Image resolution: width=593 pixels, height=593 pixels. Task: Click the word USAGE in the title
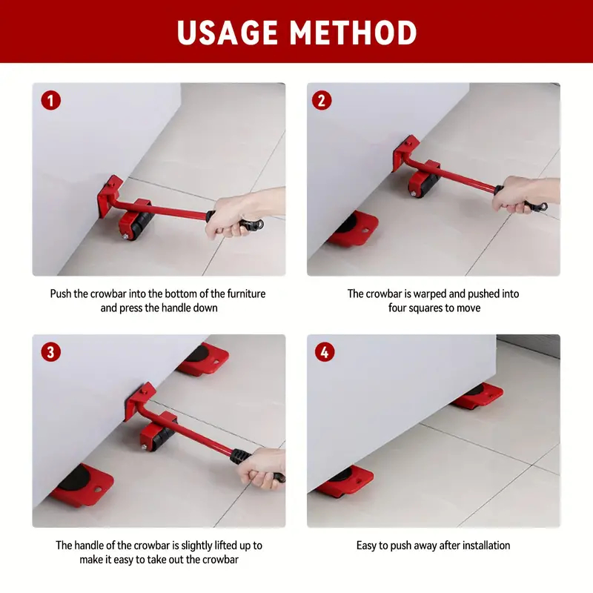pyautogui.click(x=227, y=33)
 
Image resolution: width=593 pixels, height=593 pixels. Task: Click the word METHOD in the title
pyautogui.click(x=354, y=33)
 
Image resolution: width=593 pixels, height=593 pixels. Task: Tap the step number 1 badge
pyautogui.click(x=50, y=101)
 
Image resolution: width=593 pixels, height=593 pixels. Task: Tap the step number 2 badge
pyautogui.click(x=322, y=101)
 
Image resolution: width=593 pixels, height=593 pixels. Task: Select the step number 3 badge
pyautogui.click(x=50, y=352)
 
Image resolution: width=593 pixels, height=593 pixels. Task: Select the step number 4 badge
pyautogui.click(x=325, y=352)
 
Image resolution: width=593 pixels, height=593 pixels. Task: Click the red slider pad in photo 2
pyautogui.click(x=354, y=228)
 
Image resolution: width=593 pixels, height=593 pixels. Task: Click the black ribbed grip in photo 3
pyautogui.click(x=239, y=456)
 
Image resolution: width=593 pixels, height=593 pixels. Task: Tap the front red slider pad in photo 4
pyautogui.click(x=345, y=482)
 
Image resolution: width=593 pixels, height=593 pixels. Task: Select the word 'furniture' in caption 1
pyautogui.click(x=246, y=294)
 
